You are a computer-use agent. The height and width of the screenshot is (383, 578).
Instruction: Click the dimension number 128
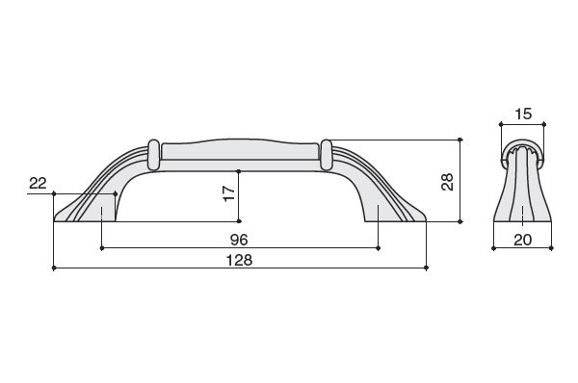tap(239, 260)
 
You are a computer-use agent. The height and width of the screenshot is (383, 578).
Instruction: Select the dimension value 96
tap(239, 241)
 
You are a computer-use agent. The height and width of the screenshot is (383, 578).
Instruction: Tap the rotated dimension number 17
tap(229, 193)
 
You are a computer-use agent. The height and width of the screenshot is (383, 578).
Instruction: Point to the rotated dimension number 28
tap(447, 182)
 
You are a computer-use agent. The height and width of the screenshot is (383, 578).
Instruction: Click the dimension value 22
tap(38, 183)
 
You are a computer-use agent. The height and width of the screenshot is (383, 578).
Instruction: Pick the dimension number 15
tap(523, 115)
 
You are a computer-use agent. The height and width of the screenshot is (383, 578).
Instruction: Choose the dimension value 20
tap(523, 241)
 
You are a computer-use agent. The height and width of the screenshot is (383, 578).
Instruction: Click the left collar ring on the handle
tap(153, 155)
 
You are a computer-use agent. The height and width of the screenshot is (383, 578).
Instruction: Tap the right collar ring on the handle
tap(327, 155)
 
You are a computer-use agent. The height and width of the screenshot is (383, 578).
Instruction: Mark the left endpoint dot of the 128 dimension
tap(54, 268)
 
